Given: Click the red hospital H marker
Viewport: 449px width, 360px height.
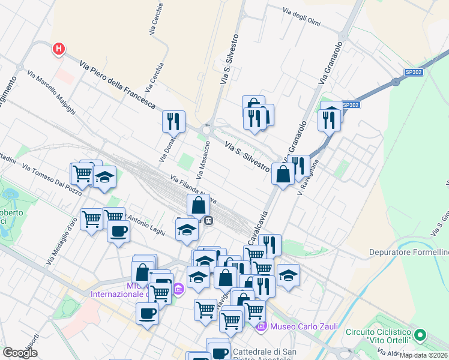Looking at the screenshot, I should (58, 48).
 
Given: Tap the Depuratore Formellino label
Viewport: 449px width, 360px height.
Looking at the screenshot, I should (408, 253).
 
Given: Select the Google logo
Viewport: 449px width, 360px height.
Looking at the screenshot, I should (20, 353).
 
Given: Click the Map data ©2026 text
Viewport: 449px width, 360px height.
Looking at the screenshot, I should (424, 355).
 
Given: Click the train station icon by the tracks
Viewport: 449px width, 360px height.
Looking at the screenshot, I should (209, 220).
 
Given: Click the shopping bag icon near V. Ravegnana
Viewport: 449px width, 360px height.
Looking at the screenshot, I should (283, 175).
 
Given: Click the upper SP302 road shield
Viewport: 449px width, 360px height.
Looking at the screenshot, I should (412, 72).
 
